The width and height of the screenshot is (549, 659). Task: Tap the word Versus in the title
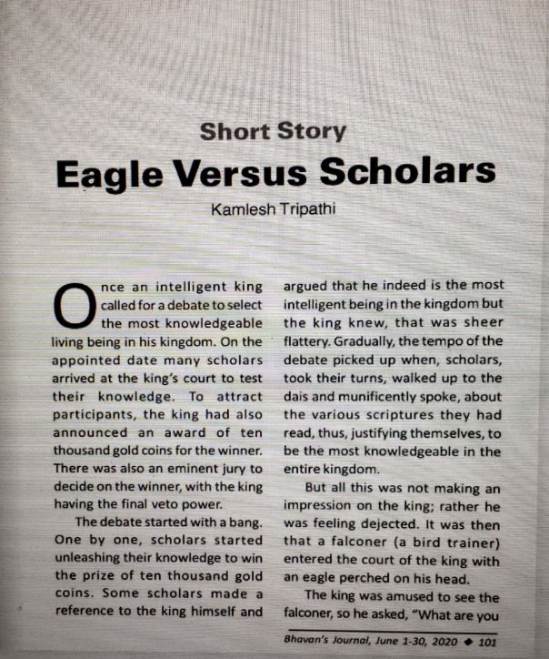point(261,173)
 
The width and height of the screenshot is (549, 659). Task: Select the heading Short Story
point(273,131)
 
